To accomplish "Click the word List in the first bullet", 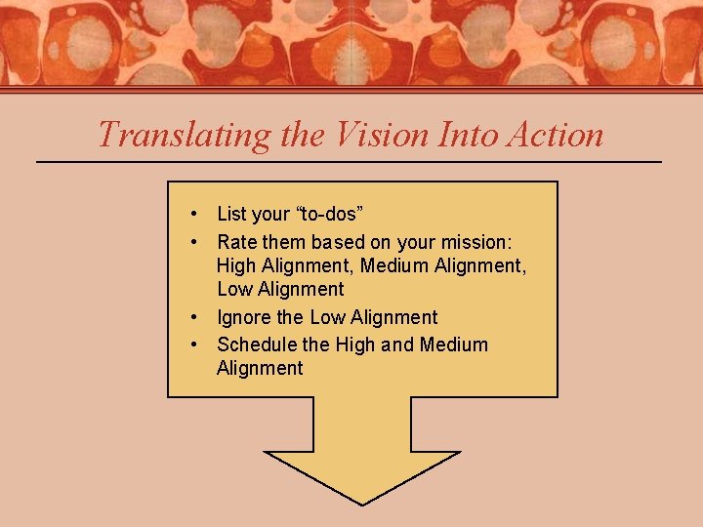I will coord(231,214).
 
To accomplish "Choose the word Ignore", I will coord(244,317).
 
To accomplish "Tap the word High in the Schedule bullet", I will coord(355,345).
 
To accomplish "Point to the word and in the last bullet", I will coord(397,345).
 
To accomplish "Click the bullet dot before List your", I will coord(196,214).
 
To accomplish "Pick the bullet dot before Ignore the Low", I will coord(196,317).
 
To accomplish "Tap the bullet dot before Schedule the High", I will coord(196,345).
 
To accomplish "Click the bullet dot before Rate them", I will coord(196,242).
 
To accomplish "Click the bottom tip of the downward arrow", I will coord(362,504).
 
